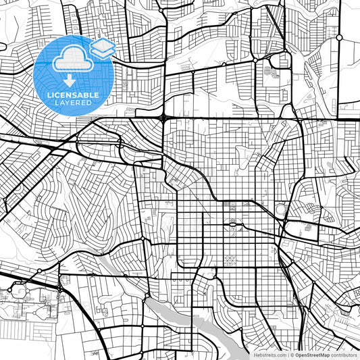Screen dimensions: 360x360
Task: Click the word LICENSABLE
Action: (72, 95)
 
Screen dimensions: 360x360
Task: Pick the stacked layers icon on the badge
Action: (103, 47)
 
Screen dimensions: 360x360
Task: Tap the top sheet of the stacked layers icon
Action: (103, 43)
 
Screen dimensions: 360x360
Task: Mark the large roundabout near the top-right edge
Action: (340, 37)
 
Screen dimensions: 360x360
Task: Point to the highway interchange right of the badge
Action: (164, 118)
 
